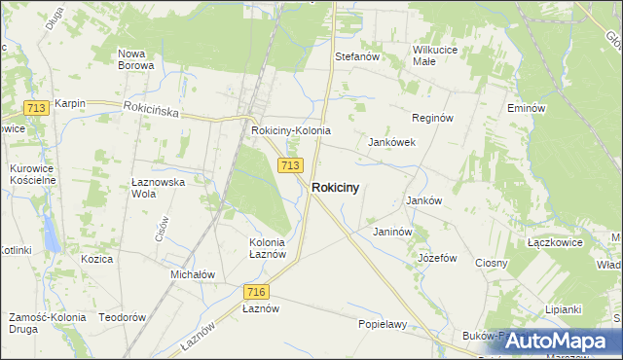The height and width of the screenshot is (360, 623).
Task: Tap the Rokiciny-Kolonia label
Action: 291,130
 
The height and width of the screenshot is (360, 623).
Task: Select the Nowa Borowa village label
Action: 135,59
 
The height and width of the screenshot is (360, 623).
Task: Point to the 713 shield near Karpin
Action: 37,109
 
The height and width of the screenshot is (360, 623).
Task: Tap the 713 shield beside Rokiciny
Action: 288,165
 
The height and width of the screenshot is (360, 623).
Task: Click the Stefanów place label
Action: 356,57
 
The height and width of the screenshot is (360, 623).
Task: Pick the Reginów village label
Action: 433,118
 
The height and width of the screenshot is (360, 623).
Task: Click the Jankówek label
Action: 392,142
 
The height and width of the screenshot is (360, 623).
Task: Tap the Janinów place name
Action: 393,233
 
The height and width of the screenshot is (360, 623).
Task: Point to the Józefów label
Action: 437,258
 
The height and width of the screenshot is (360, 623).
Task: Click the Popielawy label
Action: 382,324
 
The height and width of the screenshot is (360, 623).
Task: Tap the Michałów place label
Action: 193,274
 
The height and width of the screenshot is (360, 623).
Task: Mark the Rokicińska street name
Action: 151,111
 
